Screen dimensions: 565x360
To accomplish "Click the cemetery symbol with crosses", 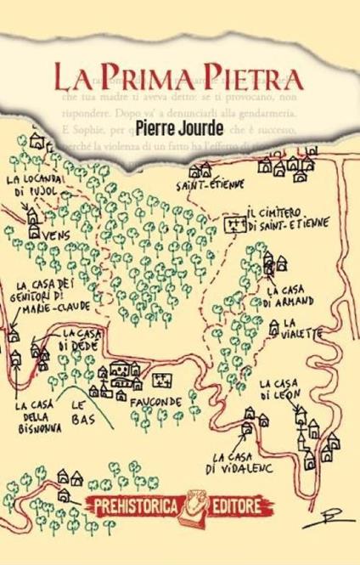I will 231,224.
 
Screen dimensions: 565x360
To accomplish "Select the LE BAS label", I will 81,411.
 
